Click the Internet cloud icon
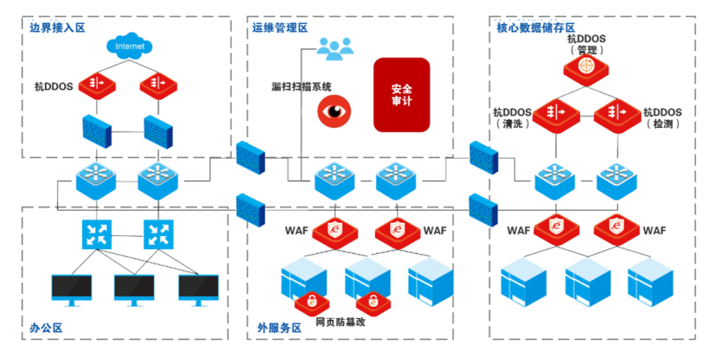129,46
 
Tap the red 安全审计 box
402,94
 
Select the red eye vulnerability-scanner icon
334,111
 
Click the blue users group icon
334,49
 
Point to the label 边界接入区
56,27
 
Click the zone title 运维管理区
280,27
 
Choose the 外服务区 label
279,327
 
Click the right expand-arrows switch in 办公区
160,232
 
